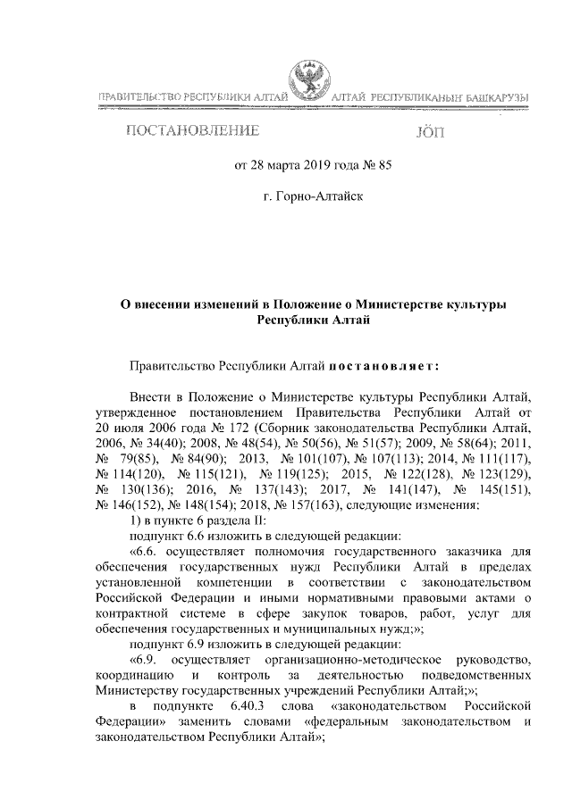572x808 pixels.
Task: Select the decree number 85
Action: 384,164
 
